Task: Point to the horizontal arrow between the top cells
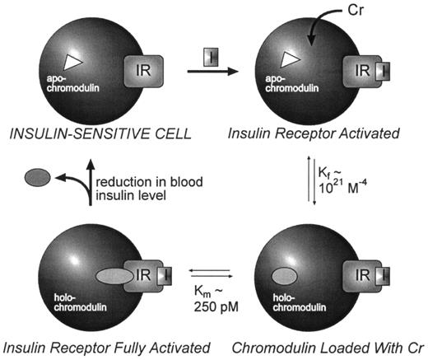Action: (216, 73)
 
